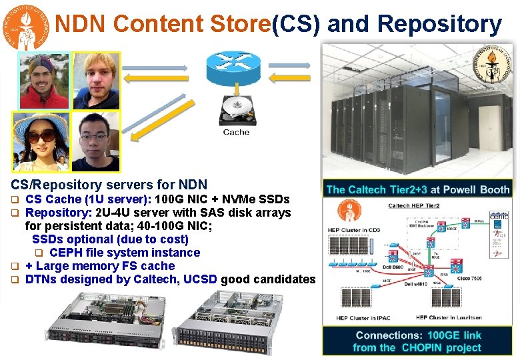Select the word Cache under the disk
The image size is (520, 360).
click(x=237, y=132)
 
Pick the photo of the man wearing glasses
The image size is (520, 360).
click(x=95, y=141)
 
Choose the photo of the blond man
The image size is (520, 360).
click(x=95, y=81)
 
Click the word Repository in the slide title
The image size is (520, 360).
click(x=439, y=24)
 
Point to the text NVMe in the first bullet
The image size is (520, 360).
click(x=229, y=199)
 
